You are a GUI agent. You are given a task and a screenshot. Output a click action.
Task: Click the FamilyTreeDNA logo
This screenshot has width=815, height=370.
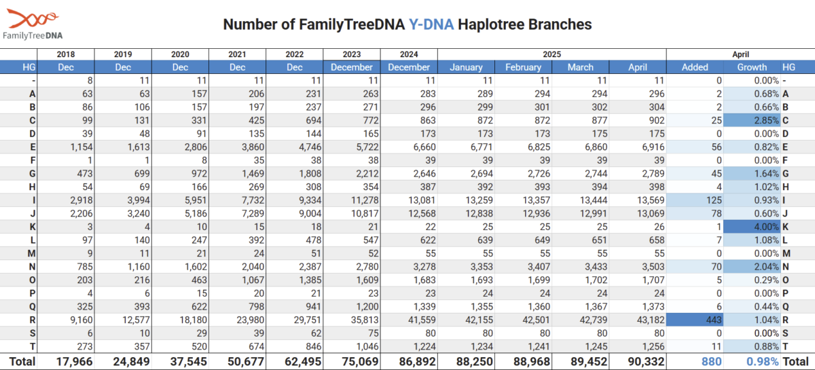click(33, 24)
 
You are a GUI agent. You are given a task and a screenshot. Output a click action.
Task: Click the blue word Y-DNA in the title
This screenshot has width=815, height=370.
click(431, 24)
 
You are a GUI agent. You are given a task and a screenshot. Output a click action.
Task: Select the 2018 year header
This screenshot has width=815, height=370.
click(66, 54)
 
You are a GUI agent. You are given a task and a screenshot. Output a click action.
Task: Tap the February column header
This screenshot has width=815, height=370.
click(523, 67)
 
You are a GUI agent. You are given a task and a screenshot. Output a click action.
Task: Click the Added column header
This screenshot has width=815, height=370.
click(695, 67)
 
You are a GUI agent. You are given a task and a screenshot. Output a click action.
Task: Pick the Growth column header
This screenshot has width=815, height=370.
click(752, 67)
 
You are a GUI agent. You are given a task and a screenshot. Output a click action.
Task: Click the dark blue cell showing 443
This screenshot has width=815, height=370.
click(695, 320)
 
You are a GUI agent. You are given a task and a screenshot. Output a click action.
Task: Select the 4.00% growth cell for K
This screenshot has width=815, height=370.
click(752, 227)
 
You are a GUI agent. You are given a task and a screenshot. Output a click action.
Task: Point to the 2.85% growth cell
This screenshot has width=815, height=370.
click(752, 120)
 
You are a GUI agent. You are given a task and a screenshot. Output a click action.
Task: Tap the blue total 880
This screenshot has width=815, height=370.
click(711, 362)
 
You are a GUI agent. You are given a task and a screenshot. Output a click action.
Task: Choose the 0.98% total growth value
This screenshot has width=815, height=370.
click(763, 362)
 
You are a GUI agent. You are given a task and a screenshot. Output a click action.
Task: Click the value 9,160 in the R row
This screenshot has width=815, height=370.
click(81, 320)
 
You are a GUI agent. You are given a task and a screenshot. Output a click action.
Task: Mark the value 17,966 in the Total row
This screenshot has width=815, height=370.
click(74, 362)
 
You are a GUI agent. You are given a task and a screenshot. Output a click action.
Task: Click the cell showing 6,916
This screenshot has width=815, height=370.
click(653, 147)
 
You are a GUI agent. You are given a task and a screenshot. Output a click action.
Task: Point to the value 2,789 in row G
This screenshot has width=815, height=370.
click(653, 174)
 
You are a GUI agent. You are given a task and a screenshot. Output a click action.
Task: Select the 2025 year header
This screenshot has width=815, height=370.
click(552, 54)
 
